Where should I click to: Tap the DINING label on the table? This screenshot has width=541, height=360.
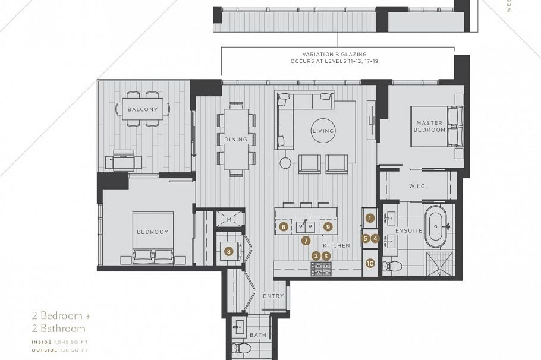(x=235, y=140)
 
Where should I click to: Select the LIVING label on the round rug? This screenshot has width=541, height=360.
(x=323, y=131)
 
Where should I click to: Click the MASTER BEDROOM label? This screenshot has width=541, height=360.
(x=430, y=127)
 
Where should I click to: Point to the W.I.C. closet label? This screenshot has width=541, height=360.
(x=418, y=186)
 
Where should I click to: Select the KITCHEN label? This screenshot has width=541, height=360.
(x=335, y=245)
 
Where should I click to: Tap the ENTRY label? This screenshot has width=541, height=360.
(x=273, y=296)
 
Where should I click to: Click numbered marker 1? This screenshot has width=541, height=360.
(x=370, y=218)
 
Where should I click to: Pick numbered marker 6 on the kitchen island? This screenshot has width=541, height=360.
(x=284, y=226)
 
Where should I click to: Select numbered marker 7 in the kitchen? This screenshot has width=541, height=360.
(x=306, y=241)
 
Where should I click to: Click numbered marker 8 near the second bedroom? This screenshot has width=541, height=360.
(x=228, y=251)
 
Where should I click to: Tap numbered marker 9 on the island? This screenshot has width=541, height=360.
(x=327, y=226)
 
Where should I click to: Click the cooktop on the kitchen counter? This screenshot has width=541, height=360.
(x=320, y=269)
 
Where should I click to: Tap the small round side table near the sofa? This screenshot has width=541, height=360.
(x=285, y=162)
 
